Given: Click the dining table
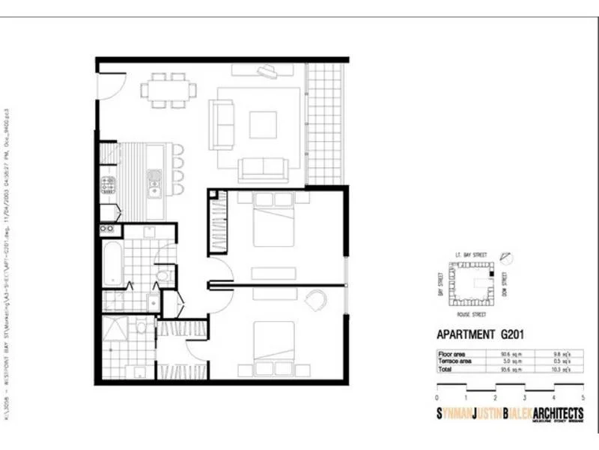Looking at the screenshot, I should (168, 90).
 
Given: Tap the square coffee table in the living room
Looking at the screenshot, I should (263, 125).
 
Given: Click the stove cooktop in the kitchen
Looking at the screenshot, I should (109, 184).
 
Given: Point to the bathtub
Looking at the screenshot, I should (113, 263).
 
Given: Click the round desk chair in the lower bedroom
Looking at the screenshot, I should (316, 300).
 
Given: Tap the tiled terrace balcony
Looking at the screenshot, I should (326, 124).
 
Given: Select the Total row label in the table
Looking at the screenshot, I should (447, 369).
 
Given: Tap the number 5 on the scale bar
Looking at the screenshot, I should (583, 397).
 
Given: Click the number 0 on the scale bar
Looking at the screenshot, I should (437, 397).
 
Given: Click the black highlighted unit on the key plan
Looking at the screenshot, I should (491, 275).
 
